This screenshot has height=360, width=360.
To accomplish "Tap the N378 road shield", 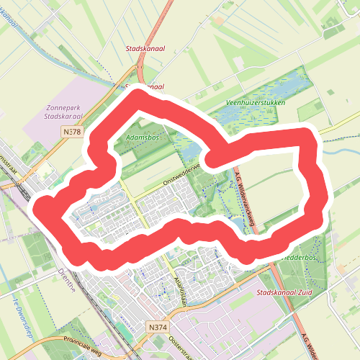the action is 72,132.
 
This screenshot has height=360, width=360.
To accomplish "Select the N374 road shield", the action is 157,327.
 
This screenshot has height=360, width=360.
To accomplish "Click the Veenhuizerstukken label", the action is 255,103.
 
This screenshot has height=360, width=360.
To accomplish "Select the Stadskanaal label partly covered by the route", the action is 144,86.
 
